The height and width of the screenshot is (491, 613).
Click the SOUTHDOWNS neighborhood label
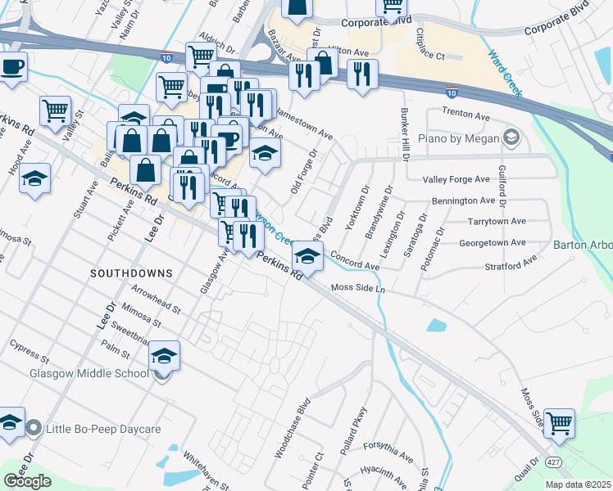point(131,273)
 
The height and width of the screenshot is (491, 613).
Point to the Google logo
point(27,480)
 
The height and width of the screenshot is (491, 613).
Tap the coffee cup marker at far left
point(11,68)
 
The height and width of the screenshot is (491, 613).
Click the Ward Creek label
point(505,74)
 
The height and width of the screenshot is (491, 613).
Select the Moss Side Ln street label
point(358,288)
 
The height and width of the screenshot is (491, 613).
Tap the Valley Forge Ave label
point(459,180)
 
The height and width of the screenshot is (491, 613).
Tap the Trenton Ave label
point(464,111)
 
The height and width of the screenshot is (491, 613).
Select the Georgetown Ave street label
point(492,243)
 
